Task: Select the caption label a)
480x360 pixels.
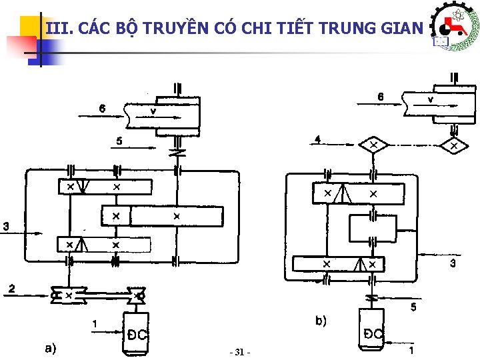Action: click(x=50, y=347)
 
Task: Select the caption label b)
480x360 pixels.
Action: click(x=321, y=321)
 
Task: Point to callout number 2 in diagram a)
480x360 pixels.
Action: click(x=11, y=288)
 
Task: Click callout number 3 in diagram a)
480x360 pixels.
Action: click(x=6, y=226)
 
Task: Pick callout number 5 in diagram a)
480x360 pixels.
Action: click(x=119, y=141)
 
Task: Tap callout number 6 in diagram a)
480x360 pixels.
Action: click(x=102, y=108)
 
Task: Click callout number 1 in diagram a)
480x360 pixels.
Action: click(x=95, y=324)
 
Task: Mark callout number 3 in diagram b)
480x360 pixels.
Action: click(x=453, y=263)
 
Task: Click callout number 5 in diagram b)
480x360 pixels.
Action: click(x=413, y=307)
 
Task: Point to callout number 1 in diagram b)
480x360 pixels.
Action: click(x=413, y=349)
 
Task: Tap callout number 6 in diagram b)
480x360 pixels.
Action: click(x=380, y=96)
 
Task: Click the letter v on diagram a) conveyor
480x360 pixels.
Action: click(x=153, y=111)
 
